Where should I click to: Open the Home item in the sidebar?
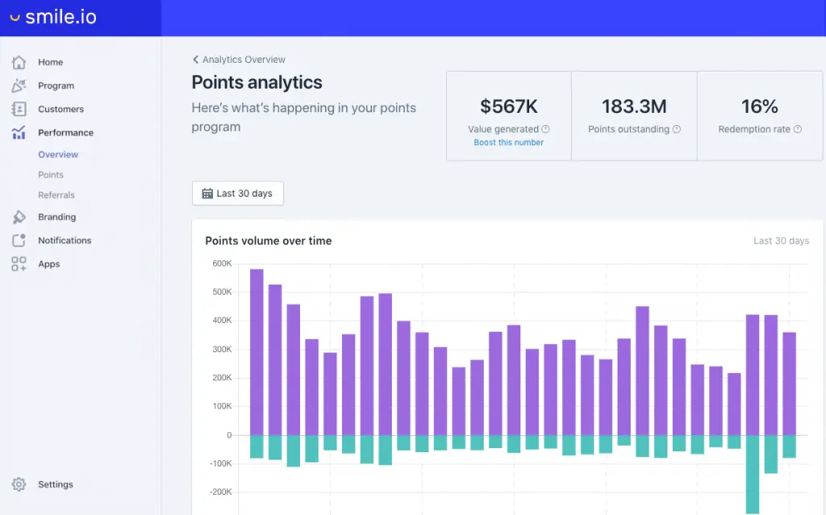point(50,62)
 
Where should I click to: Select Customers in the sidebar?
point(60,109)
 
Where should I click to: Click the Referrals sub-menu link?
point(56,195)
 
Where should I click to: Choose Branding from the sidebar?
point(56,217)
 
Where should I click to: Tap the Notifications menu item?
point(65,240)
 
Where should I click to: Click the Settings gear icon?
point(19,484)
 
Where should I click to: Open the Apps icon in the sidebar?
point(19,264)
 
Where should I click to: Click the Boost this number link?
point(508,143)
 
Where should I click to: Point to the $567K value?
point(508,106)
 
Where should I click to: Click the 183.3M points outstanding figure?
point(634,106)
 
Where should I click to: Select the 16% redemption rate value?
point(759,106)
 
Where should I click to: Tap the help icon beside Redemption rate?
point(797,129)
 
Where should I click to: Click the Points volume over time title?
point(269,241)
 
